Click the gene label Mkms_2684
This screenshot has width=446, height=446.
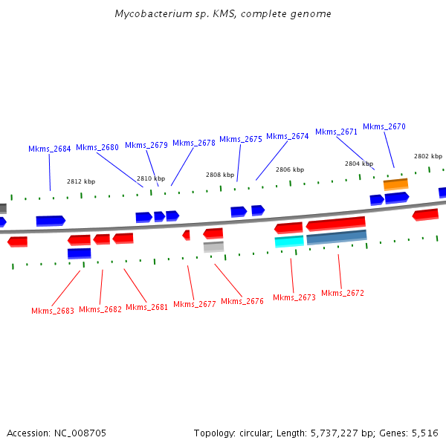50,149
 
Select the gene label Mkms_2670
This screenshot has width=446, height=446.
384,126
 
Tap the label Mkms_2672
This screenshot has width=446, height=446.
343,293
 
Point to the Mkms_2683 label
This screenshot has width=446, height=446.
53,311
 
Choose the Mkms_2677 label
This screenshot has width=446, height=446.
195,304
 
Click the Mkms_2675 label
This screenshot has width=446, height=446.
240,139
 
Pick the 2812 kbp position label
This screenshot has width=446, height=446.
81,181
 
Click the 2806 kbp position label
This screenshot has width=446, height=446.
290,169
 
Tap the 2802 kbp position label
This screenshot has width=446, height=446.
428,156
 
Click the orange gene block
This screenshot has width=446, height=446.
395,184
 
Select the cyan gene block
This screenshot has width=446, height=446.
289,242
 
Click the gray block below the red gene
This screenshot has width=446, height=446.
213,247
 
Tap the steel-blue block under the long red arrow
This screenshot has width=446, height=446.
336,237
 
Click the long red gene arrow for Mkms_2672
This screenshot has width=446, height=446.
335,223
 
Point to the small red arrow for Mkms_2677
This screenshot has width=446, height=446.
187,235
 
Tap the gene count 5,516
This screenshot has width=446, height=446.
424,433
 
